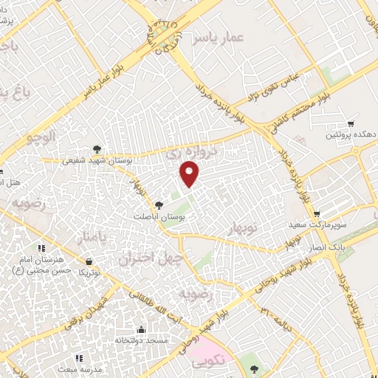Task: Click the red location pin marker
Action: tap(190, 173)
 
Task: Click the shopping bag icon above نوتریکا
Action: tap(89, 261)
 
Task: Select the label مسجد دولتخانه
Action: tap(142, 340)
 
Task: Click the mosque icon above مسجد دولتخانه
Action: tap(142, 329)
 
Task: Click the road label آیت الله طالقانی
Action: tap(154, 304)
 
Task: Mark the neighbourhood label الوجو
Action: tap(40, 137)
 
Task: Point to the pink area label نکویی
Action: tap(210, 364)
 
